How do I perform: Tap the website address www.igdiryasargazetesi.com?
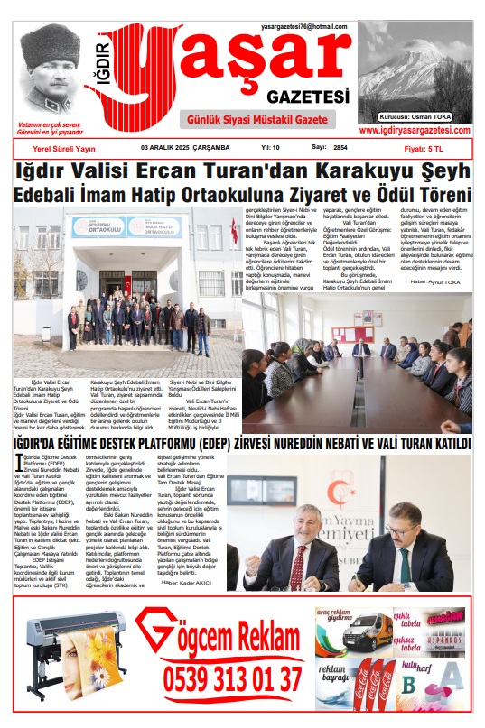point(415,131)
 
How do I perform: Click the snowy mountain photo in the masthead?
point(415,72)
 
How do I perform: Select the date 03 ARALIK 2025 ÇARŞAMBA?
point(185,147)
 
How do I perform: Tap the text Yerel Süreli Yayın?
point(63,147)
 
